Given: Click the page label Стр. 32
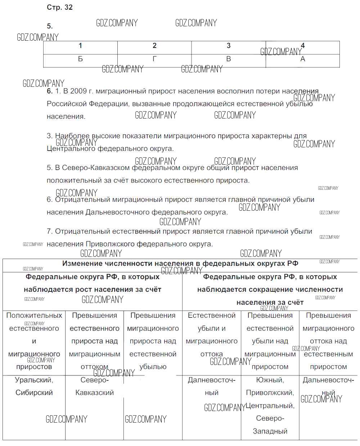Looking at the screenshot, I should [x=60, y=8].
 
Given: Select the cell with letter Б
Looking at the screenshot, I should [x=80, y=59].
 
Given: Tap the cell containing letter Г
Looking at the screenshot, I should [x=154, y=59].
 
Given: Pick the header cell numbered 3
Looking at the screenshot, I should [x=228, y=46].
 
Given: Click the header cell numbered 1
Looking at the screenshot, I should [x=80, y=46].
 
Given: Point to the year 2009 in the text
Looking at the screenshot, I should [x=78, y=91].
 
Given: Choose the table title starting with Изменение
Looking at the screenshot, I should [x=180, y=264].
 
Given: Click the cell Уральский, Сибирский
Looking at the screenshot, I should [x=34, y=386].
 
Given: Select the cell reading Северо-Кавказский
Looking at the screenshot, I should [x=94, y=386].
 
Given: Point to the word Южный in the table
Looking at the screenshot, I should [x=270, y=380].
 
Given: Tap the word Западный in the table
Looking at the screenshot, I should [x=270, y=431].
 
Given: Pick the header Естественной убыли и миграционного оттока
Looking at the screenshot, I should [x=212, y=335].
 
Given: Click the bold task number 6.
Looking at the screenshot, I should [x=50, y=91].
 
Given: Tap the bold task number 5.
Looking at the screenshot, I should [x=50, y=26].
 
